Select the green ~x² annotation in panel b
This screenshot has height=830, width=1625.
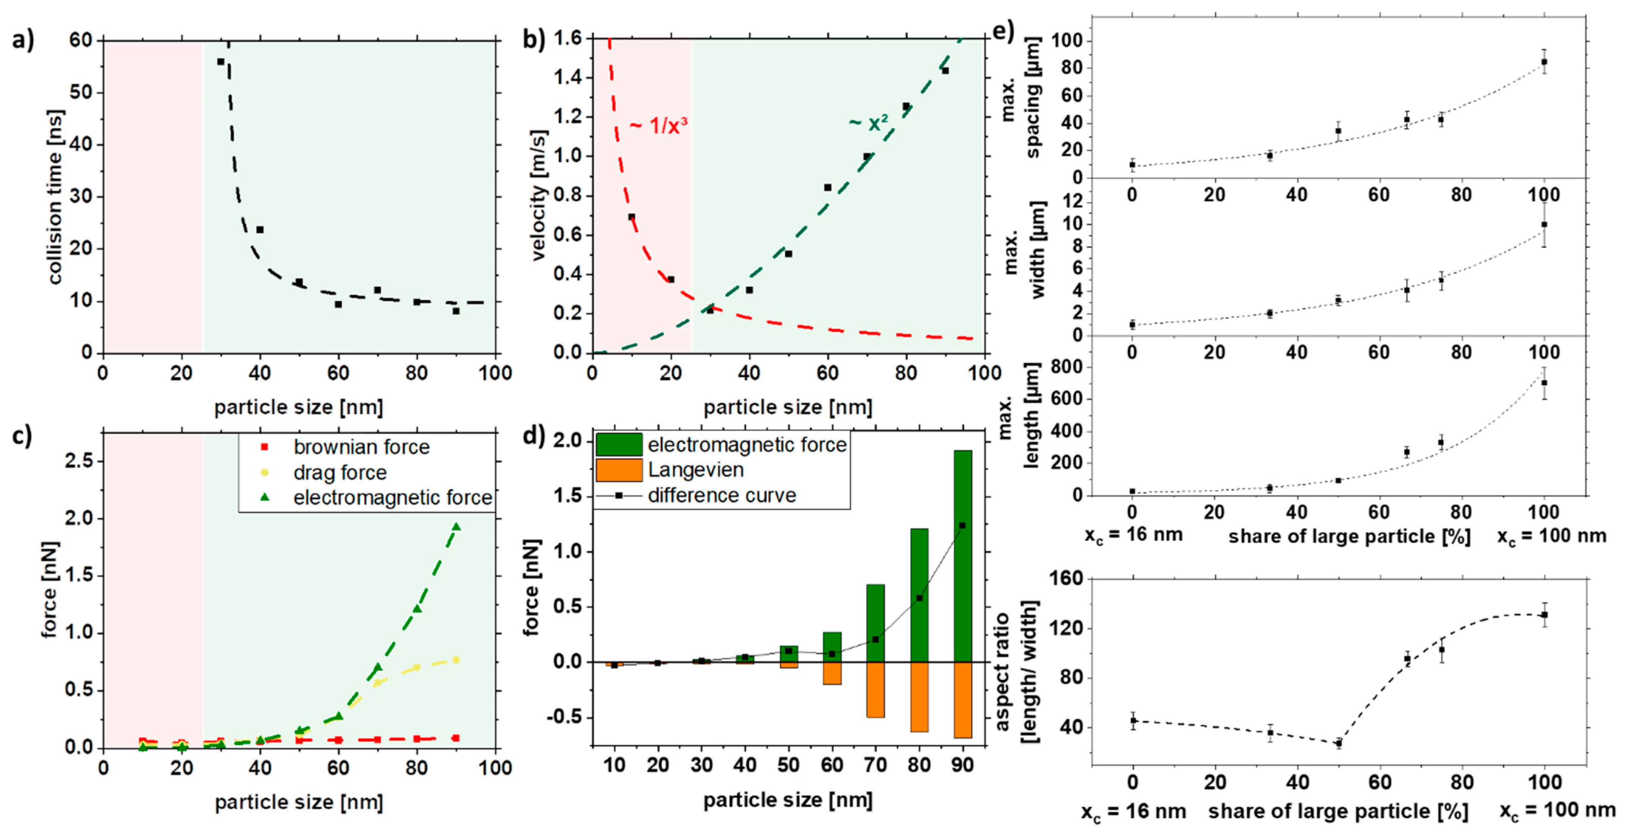pos(868,122)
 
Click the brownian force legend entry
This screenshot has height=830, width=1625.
pos(361,447)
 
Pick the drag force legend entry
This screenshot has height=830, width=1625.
pos(339,472)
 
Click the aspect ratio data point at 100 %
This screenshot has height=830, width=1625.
pos(1544,615)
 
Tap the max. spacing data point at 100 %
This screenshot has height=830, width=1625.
pos(1544,62)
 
